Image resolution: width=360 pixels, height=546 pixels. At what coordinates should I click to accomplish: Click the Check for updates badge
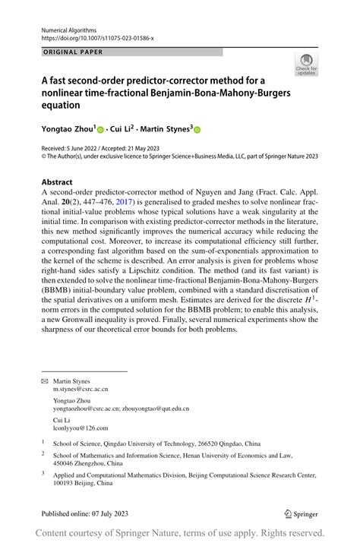(x=306, y=65)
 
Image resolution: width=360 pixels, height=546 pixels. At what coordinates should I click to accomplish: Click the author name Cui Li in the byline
(x=126, y=130)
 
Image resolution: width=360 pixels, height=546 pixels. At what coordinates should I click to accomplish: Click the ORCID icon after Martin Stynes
(x=197, y=131)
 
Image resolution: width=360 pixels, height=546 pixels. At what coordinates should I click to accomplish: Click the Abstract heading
(x=57, y=182)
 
